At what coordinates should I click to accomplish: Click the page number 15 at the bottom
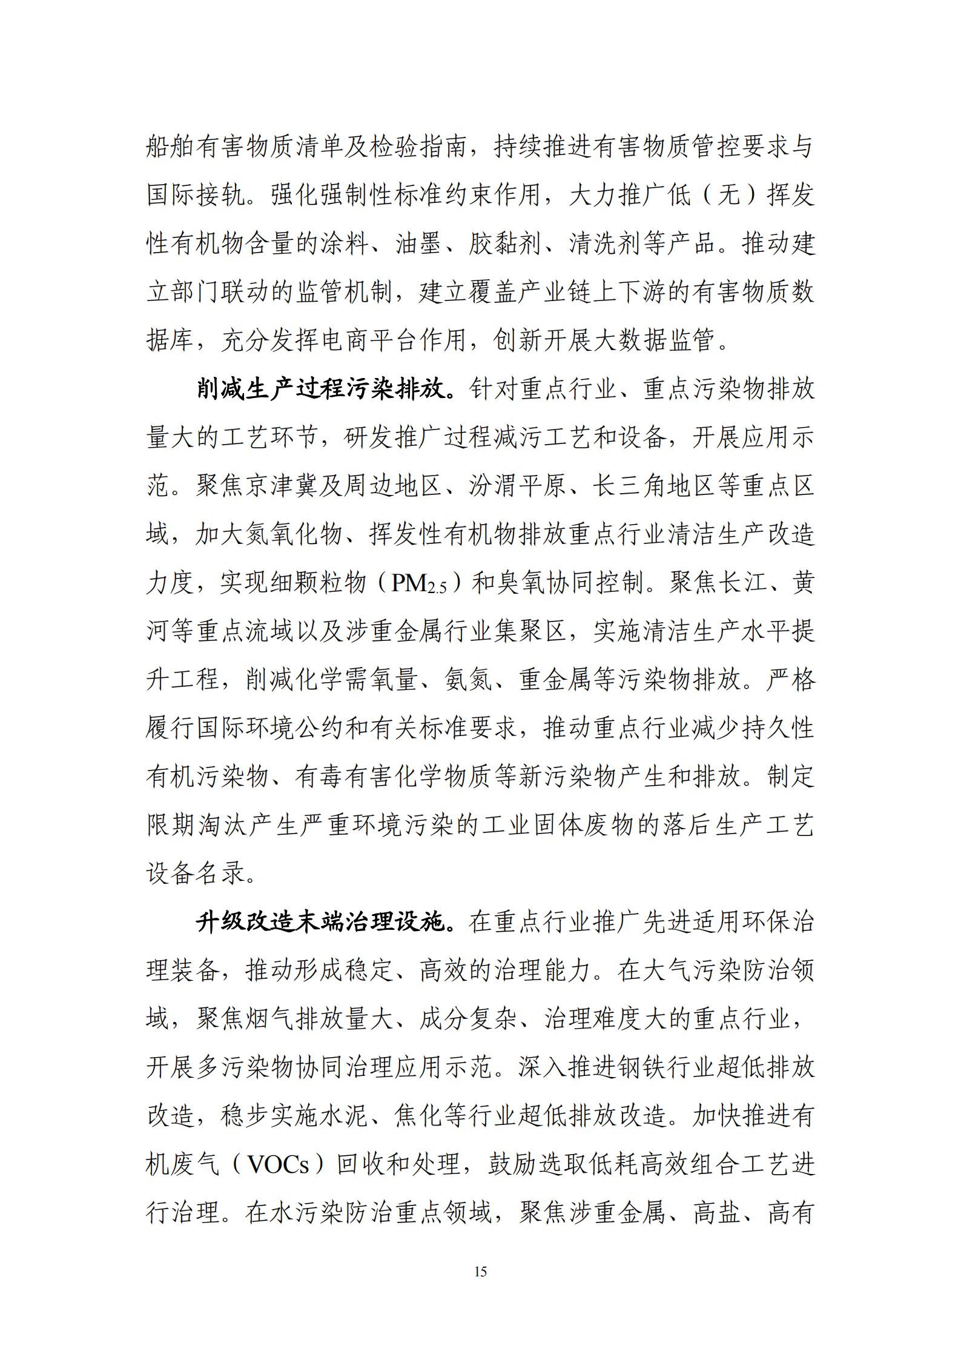pos(480,1272)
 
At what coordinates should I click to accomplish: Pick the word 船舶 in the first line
pos(171,148)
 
